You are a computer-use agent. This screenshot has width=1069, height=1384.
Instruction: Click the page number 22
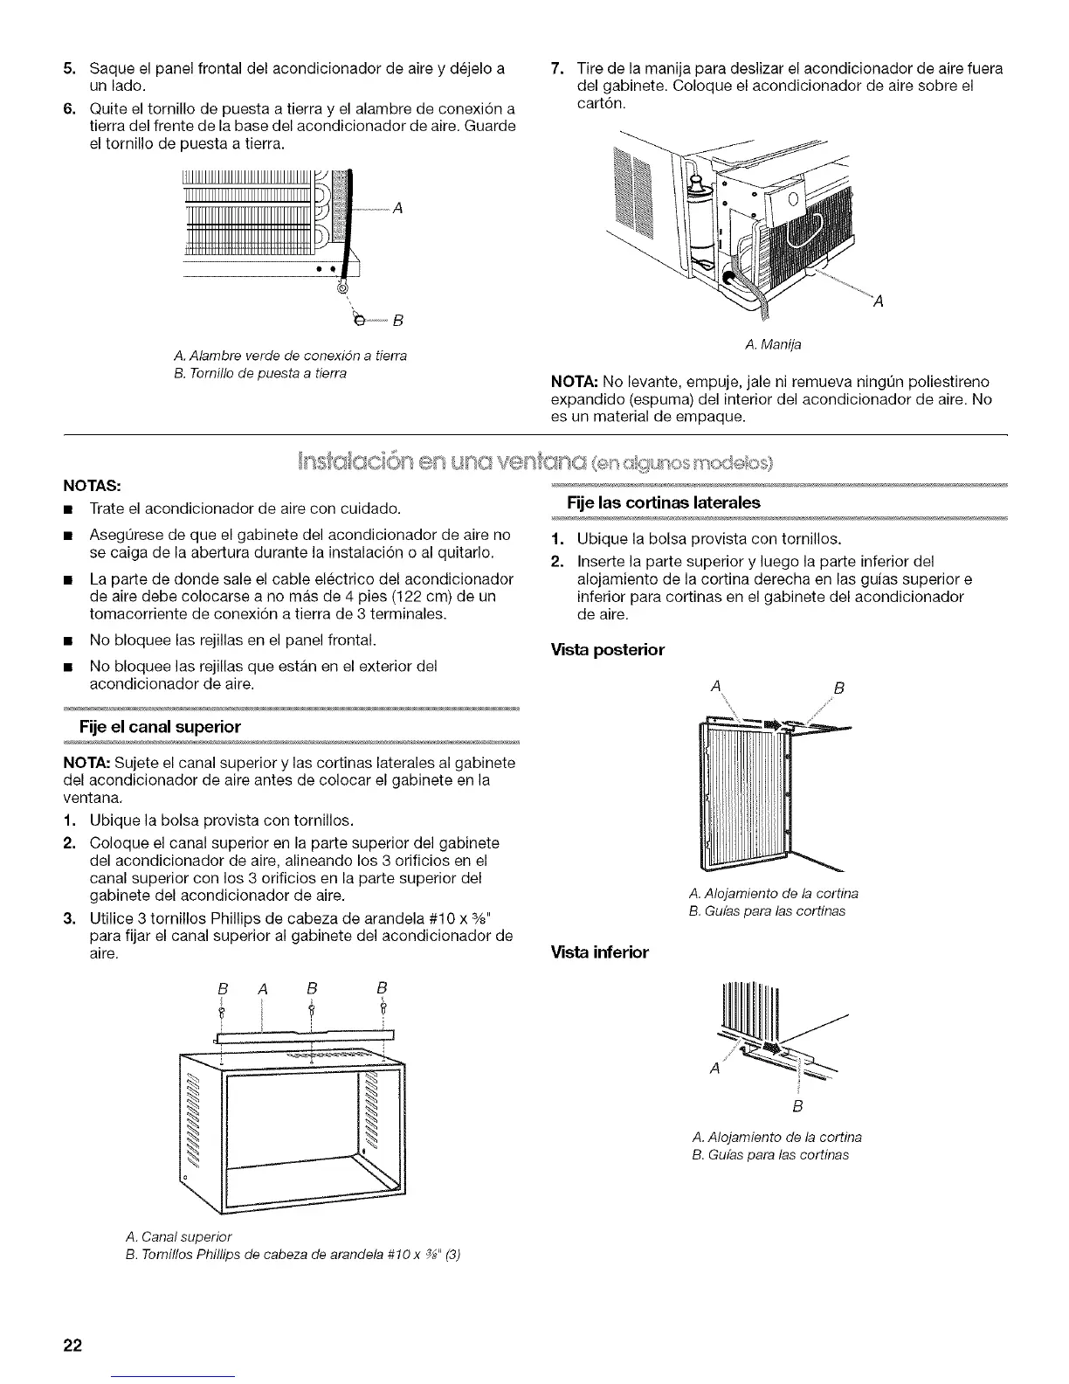tap(72, 1346)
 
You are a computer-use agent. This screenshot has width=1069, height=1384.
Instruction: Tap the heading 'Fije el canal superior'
tap(160, 726)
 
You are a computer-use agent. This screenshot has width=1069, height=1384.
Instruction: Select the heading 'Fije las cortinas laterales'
tap(664, 502)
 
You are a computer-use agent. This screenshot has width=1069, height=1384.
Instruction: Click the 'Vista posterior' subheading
tap(608, 650)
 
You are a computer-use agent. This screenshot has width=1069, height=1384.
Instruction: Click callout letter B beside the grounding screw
tap(397, 318)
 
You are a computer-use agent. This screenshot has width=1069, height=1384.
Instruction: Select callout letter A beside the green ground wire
tap(397, 208)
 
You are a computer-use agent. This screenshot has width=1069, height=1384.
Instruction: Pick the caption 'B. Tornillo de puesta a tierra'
tap(259, 373)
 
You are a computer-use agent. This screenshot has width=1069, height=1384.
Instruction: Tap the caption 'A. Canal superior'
tap(178, 1236)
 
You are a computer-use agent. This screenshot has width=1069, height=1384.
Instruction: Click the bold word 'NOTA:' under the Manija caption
tap(572, 383)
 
